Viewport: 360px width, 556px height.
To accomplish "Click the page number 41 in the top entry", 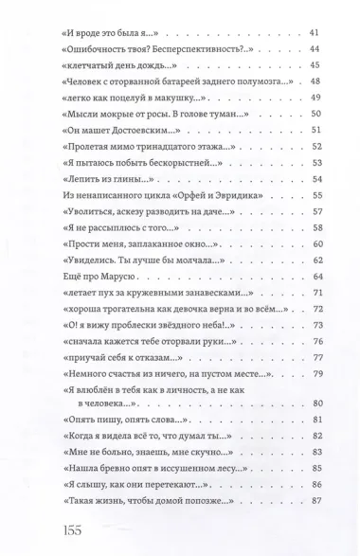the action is [x=316, y=33].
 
